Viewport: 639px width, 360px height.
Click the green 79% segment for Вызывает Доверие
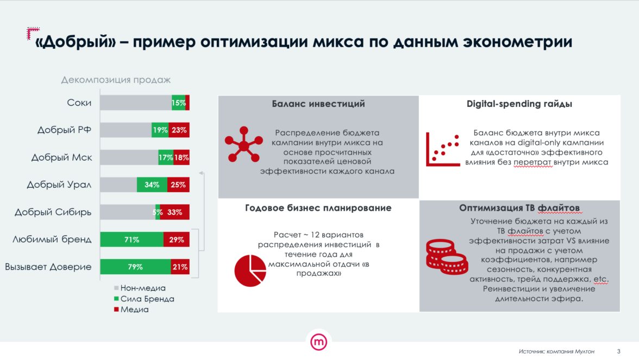point(135,267)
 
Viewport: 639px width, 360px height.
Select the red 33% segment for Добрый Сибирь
point(175,212)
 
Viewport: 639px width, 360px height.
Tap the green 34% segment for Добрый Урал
point(152,185)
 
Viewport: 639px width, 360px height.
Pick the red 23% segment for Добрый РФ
point(178,130)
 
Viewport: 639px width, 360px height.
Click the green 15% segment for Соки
point(178,103)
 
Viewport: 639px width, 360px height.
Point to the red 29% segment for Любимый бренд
point(177,239)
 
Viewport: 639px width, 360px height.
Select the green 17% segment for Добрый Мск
point(166,157)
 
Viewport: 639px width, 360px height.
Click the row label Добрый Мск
point(61,157)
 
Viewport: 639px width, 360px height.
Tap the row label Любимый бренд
point(52,239)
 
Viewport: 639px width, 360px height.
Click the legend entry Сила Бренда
point(147,299)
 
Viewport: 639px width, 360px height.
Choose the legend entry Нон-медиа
point(142,288)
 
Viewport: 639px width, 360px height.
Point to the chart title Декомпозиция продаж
point(116,80)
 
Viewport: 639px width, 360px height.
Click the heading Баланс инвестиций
point(318,104)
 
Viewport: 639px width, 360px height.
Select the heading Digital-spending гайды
point(519,104)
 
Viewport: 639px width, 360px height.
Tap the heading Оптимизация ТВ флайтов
point(519,208)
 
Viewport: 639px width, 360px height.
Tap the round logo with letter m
point(319,342)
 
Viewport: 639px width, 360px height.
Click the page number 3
point(618,350)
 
